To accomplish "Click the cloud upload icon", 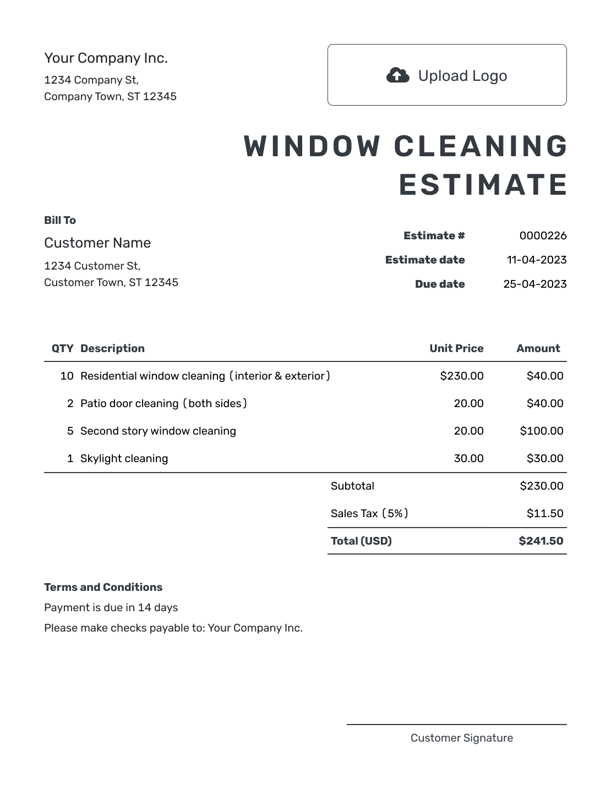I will pos(397,75).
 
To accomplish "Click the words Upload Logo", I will pos(462,76).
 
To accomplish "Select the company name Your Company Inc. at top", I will pos(106,58).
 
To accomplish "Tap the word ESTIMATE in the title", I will pos(483,185).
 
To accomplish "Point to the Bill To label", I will pos(60,220).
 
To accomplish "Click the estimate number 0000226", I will pos(543,235).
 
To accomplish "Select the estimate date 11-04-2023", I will pos(536,260).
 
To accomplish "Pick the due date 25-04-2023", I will pos(534,284).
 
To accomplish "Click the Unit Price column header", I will pos(456,348).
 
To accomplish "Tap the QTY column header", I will pos(62,348).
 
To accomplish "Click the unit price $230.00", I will pos(462,376).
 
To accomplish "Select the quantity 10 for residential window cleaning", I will pos(67,376).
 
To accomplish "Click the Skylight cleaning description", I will pos(124,458).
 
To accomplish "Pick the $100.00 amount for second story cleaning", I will pos(542,431).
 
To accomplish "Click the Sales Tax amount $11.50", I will pos(545,513).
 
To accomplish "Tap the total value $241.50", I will pos(541,541).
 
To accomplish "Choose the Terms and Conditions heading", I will pos(103,587).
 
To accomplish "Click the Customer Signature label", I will pos(461,738).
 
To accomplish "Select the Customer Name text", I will pos(97,243).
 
